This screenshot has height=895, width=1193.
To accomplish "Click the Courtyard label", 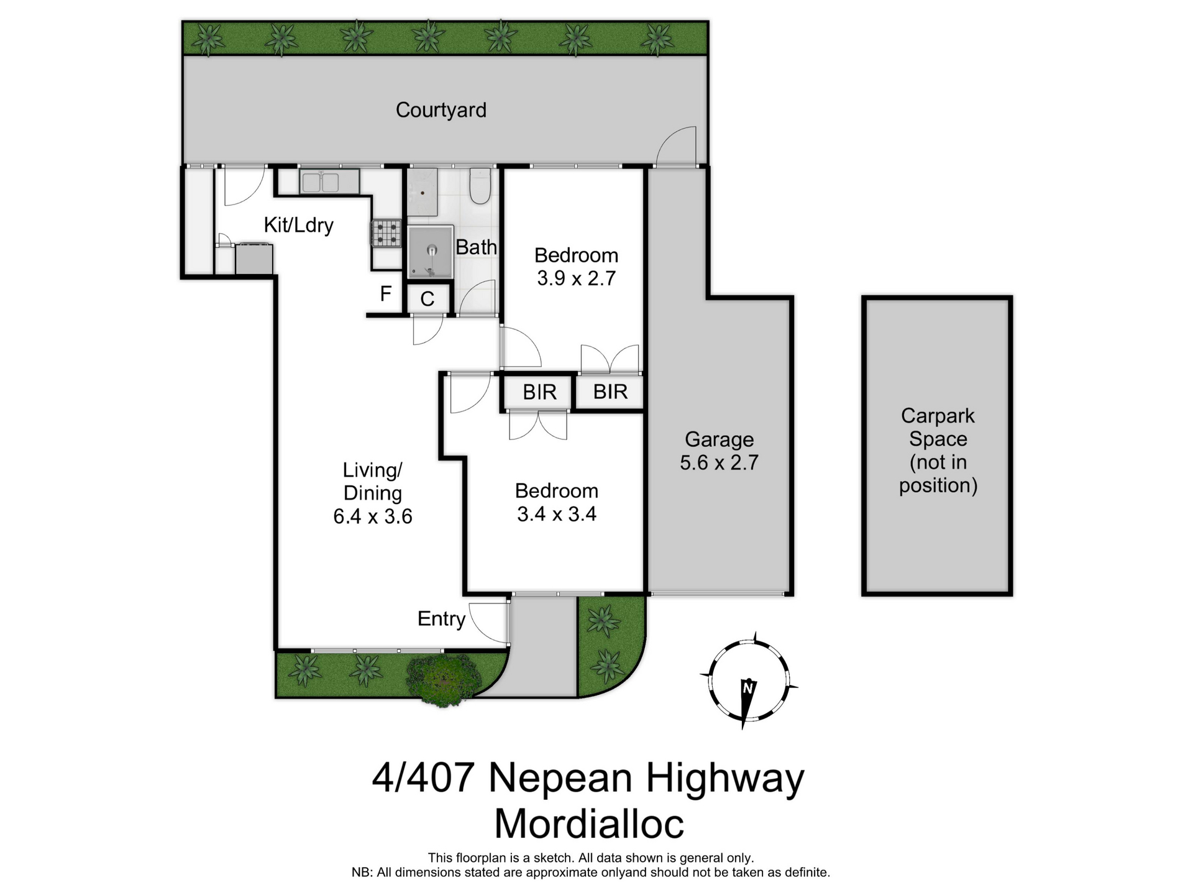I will [441, 110].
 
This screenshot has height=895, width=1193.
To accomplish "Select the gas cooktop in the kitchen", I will [386, 234].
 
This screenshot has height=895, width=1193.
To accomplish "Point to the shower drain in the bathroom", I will [432, 250].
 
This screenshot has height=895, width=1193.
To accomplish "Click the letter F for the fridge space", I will [385, 293].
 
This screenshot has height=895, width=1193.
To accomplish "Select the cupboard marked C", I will [427, 299].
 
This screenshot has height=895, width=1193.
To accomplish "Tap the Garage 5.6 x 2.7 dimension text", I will [719, 462].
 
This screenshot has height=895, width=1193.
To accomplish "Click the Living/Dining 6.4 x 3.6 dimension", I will [372, 516].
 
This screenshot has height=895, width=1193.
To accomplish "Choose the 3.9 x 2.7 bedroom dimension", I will [576, 278].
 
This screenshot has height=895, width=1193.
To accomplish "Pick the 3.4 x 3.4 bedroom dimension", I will [556, 514].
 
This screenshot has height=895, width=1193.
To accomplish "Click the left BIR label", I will [539, 392].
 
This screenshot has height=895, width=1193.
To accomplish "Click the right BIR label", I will [610, 392].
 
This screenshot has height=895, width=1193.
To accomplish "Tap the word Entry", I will [441, 618].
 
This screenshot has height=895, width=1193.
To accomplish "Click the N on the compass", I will [748, 688].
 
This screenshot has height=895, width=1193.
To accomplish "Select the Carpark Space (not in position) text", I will [938, 450].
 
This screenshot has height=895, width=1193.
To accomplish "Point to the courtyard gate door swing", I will [677, 147].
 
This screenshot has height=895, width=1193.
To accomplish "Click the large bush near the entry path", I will [442, 679].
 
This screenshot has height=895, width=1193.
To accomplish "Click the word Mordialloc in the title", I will [588, 824].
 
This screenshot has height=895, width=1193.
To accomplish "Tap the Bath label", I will [476, 247].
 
